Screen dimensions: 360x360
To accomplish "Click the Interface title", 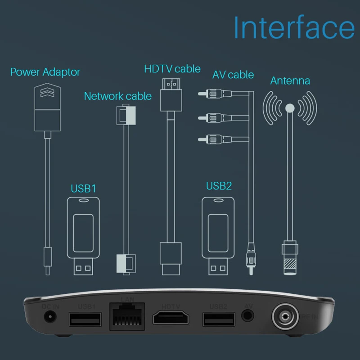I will click(x=294, y=28).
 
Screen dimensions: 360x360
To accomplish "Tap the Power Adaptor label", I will click(x=45, y=72).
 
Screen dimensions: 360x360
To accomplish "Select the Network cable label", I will click(x=118, y=96).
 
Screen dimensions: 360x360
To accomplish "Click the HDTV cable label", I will click(x=172, y=69).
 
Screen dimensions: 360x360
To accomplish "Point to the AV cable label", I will click(x=233, y=74).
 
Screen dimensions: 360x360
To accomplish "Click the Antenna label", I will click(x=290, y=81).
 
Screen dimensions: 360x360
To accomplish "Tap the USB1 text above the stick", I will click(x=84, y=188).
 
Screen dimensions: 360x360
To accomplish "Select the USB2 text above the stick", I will click(x=219, y=186).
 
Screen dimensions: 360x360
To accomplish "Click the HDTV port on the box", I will click(x=171, y=319).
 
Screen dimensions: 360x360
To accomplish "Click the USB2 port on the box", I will click(x=218, y=319).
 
